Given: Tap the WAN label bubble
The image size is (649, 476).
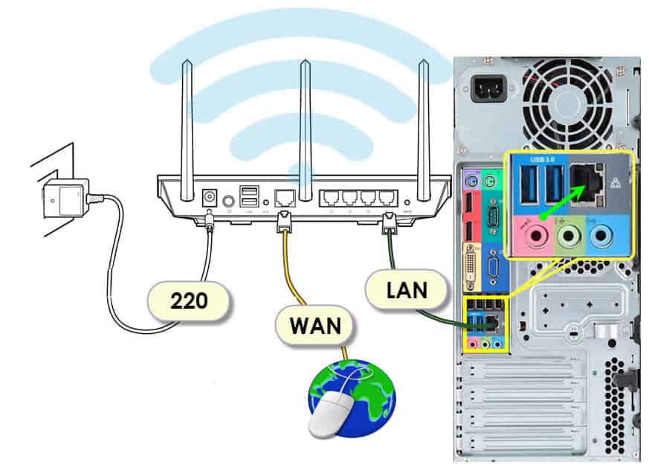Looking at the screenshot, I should click(x=315, y=325).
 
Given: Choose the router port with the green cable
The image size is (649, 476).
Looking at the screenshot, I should click(x=385, y=199).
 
